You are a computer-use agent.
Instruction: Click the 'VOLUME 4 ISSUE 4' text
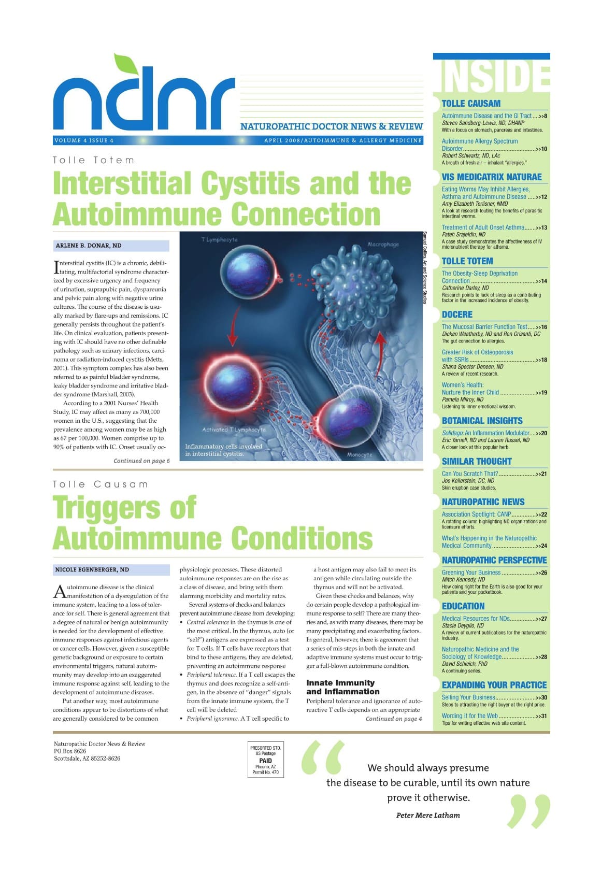pos(83,140)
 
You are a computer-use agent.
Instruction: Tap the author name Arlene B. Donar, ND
pos(89,246)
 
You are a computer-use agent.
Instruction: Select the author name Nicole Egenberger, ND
pos(92,569)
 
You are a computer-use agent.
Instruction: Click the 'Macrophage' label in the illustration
pos(383,245)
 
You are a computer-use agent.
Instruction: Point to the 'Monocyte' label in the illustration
pos(360,454)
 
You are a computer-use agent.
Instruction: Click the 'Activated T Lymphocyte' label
pos(234,430)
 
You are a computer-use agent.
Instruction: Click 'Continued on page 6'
pos(141,461)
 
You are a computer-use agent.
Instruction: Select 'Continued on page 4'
pos(394,719)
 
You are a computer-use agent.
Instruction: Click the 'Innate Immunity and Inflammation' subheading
pos(342,687)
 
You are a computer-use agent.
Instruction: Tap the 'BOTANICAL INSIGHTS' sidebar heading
pos(482,421)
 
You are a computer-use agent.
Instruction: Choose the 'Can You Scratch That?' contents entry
pos(469,474)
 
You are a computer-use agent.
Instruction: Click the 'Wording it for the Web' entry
pos(469,716)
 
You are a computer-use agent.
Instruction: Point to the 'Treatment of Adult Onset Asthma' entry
pos(483,227)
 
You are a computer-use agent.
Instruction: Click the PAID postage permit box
pos(265,760)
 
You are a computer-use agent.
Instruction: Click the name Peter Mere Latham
pos(428,815)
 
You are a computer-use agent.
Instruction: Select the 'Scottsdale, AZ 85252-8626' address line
pos(87,759)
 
